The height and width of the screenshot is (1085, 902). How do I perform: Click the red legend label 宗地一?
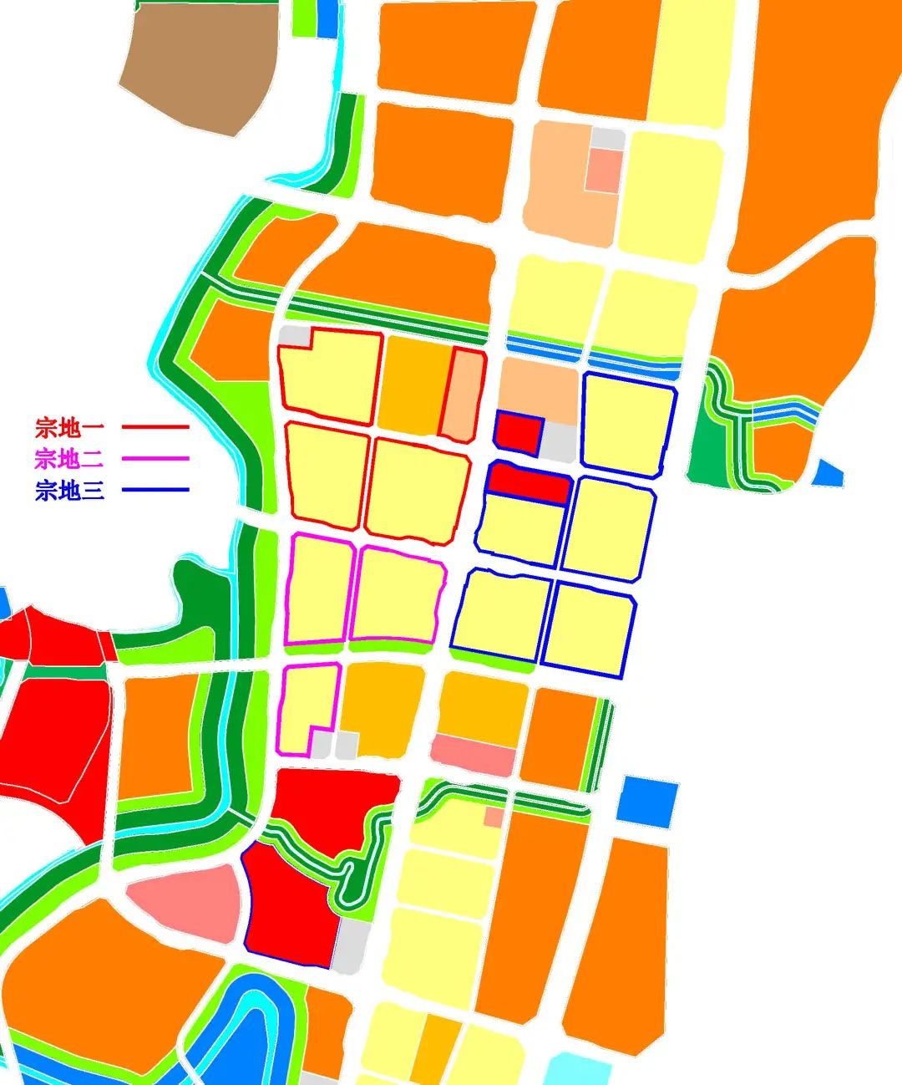click(x=69, y=428)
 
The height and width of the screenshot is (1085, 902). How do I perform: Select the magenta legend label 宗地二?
click(x=69, y=458)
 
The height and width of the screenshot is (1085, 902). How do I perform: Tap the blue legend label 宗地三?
click(x=69, y=490)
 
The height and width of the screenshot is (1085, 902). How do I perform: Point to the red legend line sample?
click(x=155, y=427)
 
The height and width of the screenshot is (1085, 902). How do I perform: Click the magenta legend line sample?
click(x=155, y=458)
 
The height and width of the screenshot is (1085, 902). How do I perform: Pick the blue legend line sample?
click(x=155, y=490)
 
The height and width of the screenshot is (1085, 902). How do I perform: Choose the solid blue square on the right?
click(x=648, y=801)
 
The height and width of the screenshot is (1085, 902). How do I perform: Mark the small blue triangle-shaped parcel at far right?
click(x=827, y=475)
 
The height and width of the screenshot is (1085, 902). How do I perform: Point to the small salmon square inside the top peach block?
click(x=604, y=170)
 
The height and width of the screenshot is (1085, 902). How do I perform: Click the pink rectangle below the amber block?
click(x=474, y=755)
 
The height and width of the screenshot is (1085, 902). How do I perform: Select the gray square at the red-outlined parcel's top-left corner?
click(x=294, y=336)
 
